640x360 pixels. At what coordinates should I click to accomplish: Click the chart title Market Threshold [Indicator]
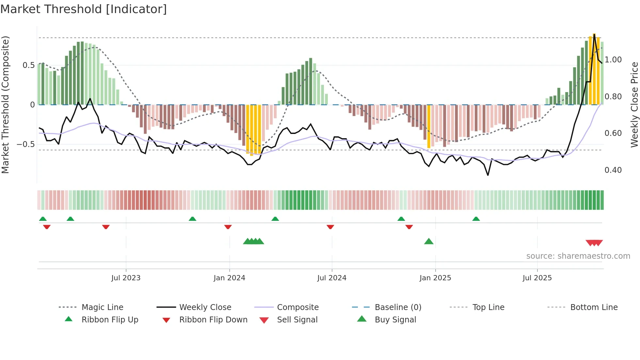84,9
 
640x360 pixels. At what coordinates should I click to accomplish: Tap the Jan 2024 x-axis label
229,278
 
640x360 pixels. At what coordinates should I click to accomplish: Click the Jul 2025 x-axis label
537,278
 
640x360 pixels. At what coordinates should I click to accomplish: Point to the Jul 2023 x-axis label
126,278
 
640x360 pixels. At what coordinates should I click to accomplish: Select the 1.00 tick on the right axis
613,60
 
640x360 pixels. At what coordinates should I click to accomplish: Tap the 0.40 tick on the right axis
613,170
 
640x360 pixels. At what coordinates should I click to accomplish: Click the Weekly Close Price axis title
634,105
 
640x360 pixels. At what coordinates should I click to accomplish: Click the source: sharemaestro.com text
578,256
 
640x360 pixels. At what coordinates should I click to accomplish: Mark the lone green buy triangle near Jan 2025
428,242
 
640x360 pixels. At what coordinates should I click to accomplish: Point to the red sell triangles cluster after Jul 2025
594,243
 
